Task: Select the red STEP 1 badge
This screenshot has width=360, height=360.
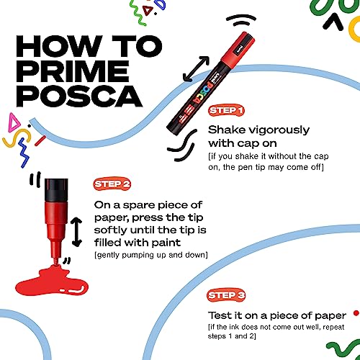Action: (226, 111)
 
